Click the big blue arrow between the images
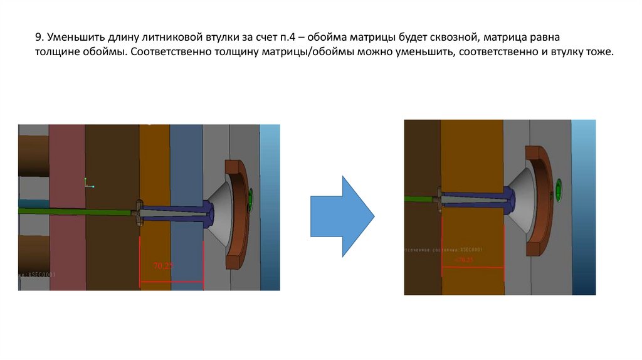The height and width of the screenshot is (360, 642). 342,216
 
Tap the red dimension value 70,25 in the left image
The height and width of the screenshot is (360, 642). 164,266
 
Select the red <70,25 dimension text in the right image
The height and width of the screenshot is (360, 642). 465,259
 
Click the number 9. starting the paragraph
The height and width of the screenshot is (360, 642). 39,38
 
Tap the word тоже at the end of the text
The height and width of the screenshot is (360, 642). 596,51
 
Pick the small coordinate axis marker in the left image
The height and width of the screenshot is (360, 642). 88,184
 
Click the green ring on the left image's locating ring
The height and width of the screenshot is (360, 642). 251,199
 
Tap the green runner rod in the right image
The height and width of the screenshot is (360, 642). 419,199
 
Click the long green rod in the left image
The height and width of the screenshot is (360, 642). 75,211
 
